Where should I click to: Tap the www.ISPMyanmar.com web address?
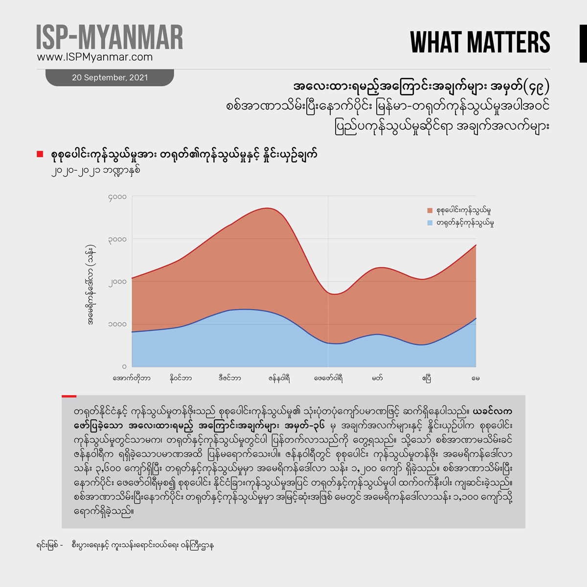click(x=95, y=57)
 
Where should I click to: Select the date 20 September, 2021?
click(x=110, y=78)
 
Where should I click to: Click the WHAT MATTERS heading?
click(x=480, y=43)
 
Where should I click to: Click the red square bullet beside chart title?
click(x=40, y=155)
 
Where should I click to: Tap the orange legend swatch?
click(x=430, y=211)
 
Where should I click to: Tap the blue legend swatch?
click(x=430, y=223)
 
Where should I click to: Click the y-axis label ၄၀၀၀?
click(x=117, y=197)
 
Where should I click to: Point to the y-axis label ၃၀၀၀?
click(x=117, y=240)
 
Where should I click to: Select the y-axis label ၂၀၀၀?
click(x=117, y=282)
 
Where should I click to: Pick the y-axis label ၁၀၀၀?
click(x=117, y=324)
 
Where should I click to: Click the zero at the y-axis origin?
click(x=124, y=366)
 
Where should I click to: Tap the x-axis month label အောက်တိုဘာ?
click(x=132, y=378)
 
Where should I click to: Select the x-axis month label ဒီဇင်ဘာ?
click(x=230, y=378)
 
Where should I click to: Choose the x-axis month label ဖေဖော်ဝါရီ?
click(x=328, y=378)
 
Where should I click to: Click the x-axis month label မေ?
click(x=475, y=378)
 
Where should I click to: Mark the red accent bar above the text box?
click(x=69, y=396)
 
